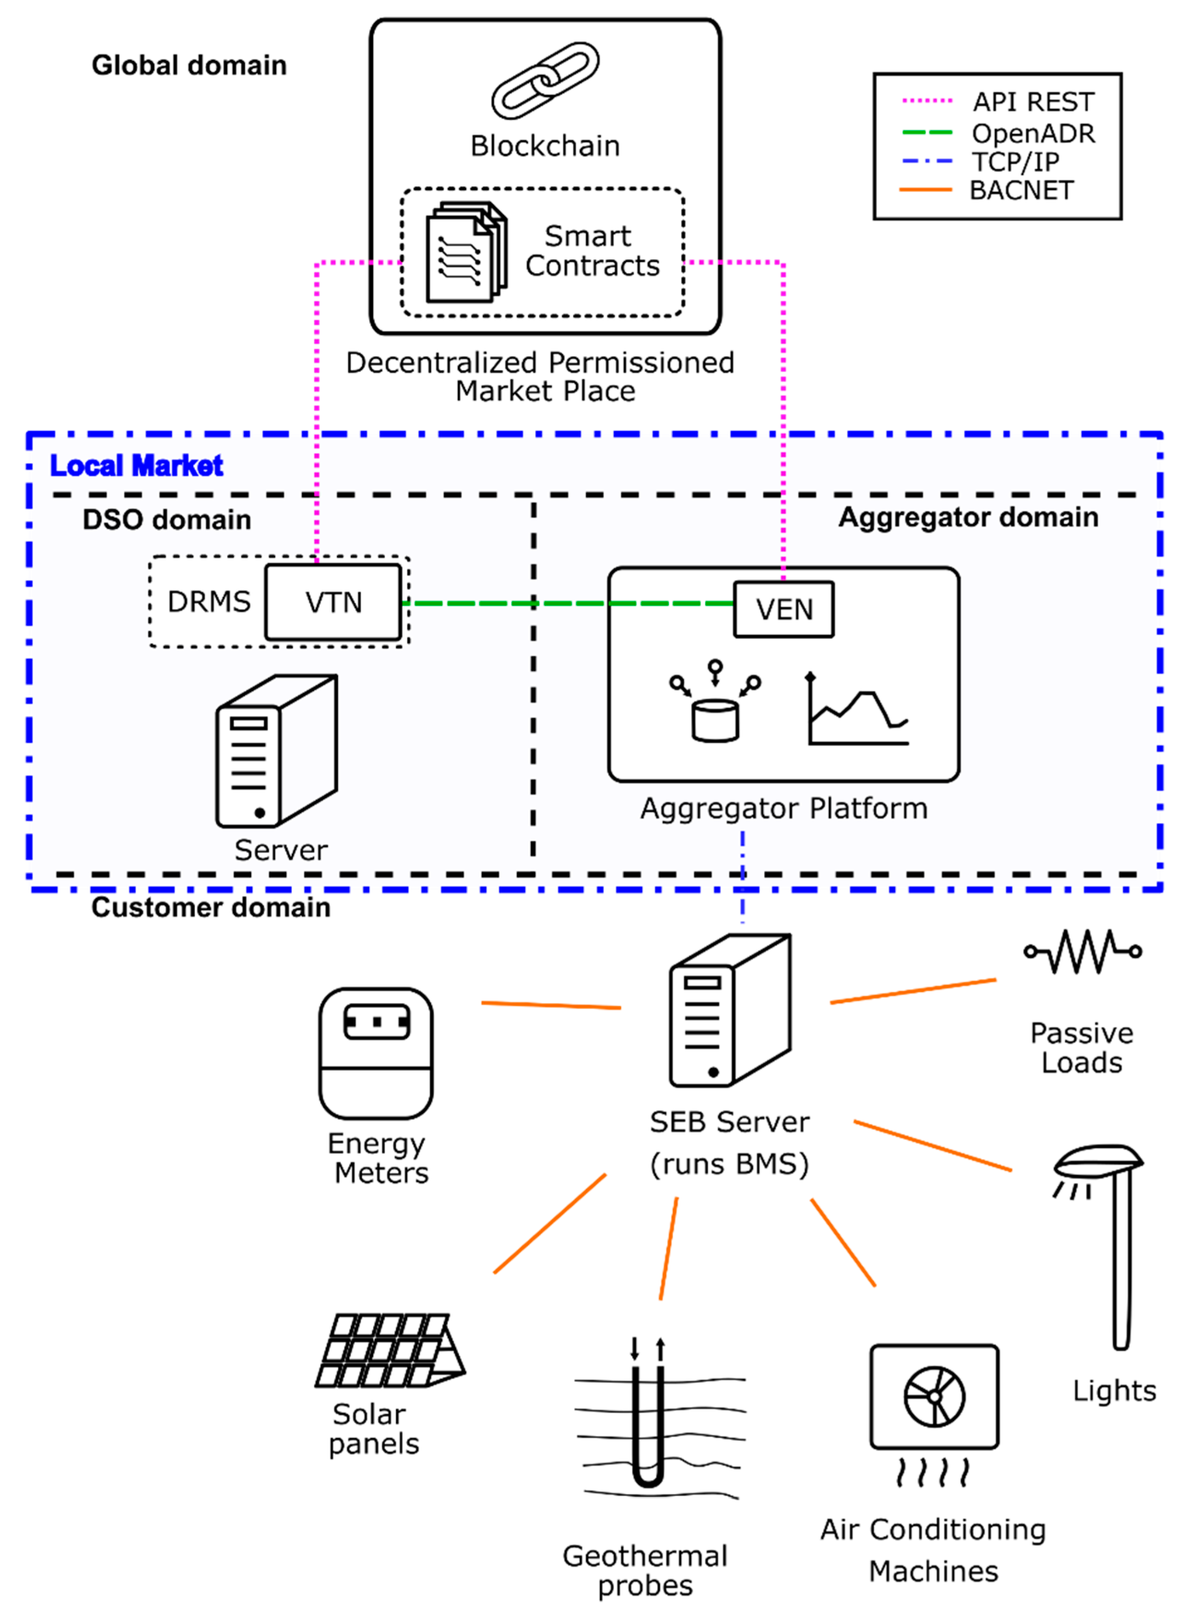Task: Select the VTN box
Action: click(x=332, y=602)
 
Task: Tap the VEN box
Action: click(x=784, y=609)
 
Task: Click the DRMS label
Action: click(x=208, y=602)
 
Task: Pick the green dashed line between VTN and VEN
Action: click(x=569, y=603)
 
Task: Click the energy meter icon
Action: click(x=376, y=1053)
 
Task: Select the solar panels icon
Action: click(x=389, y=1350)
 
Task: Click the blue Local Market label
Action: click(x=136, y=466)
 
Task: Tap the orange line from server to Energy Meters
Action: click(x=551, y=1005)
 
